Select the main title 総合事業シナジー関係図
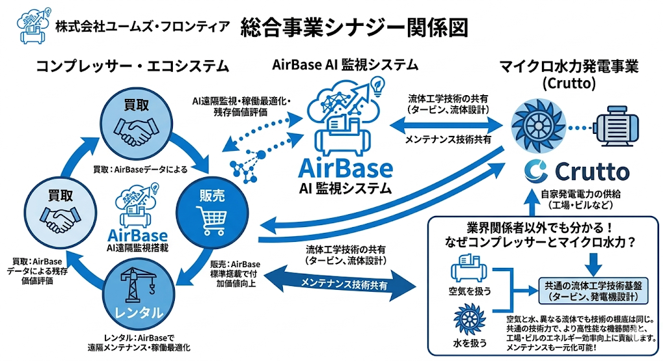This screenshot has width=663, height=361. [353, 27]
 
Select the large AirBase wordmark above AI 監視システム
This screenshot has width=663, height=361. [345, 170]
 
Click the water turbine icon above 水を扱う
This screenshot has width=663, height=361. [467, 320]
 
